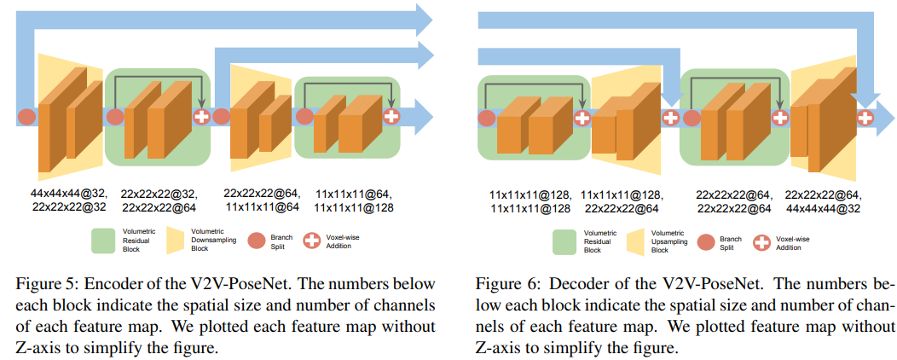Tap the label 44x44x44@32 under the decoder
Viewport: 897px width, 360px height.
tap(823, 208)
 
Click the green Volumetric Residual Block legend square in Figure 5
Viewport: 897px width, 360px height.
tap(103, 241)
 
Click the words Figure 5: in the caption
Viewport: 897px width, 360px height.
tap(43, 284)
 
